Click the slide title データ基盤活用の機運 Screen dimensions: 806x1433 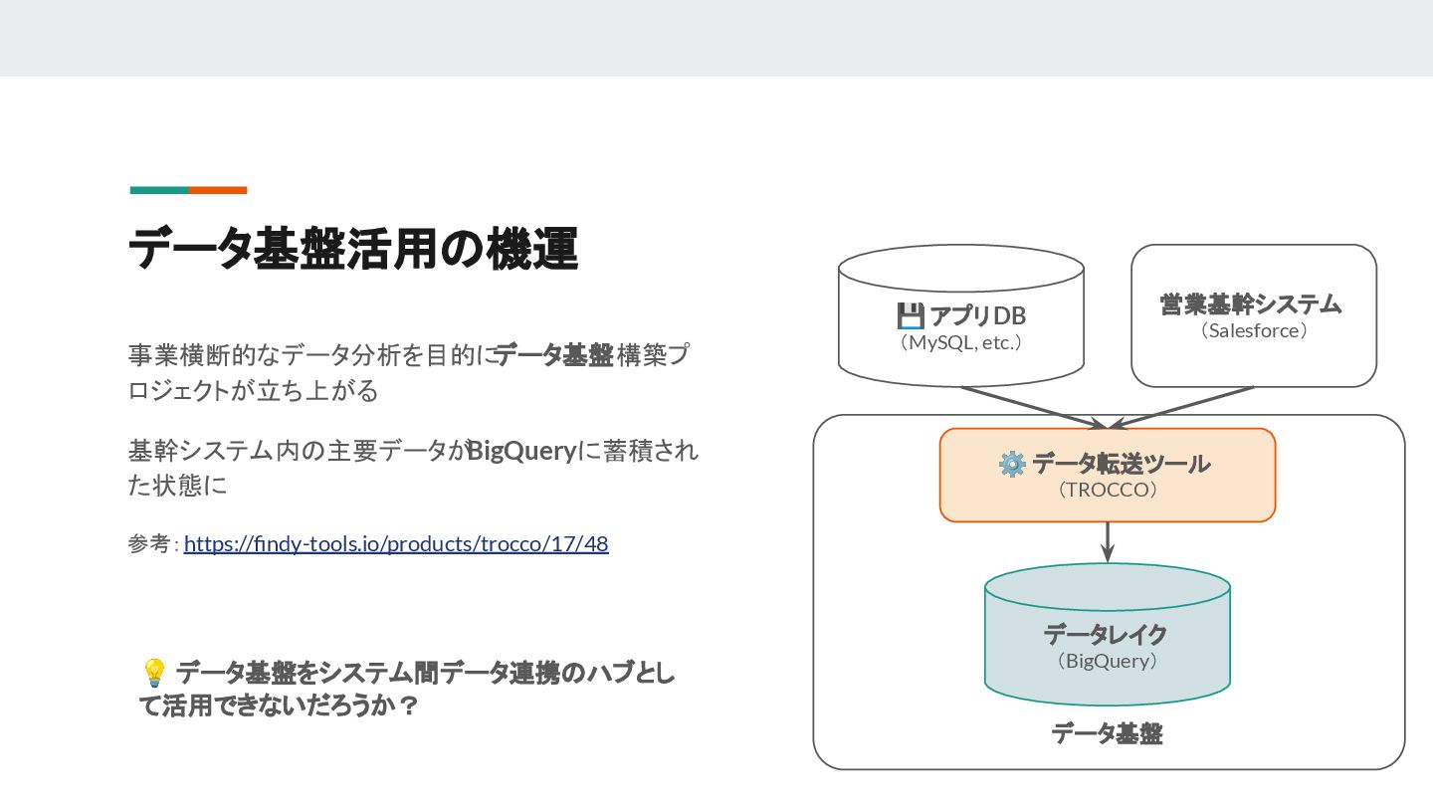coord(352,249)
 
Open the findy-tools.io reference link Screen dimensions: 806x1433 coord(396,544)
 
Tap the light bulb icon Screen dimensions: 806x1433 coord(153,674)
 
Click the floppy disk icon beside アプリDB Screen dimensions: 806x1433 coord(910,316)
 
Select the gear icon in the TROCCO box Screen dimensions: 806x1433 coord(1011,464)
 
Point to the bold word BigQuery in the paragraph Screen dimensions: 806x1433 coord(521,452)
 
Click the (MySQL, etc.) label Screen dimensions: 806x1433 coord(960,343)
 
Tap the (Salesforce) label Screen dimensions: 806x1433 coord(1253,330)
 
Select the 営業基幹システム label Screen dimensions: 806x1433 coord(1251,303)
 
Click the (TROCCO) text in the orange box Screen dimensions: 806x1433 coord(1107,490)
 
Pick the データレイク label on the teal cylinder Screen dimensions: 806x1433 coord(1106,634)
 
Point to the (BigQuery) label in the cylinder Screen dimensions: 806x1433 coord(1107,661)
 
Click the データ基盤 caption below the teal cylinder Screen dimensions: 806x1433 coord(1107,734)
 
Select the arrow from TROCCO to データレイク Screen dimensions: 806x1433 coord(1107,542)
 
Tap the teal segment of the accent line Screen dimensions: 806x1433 coord(159,190)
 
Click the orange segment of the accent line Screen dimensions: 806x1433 coord(218,190)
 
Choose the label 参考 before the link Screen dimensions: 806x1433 coord(148,544)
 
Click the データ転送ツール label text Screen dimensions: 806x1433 coord(1121,464)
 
